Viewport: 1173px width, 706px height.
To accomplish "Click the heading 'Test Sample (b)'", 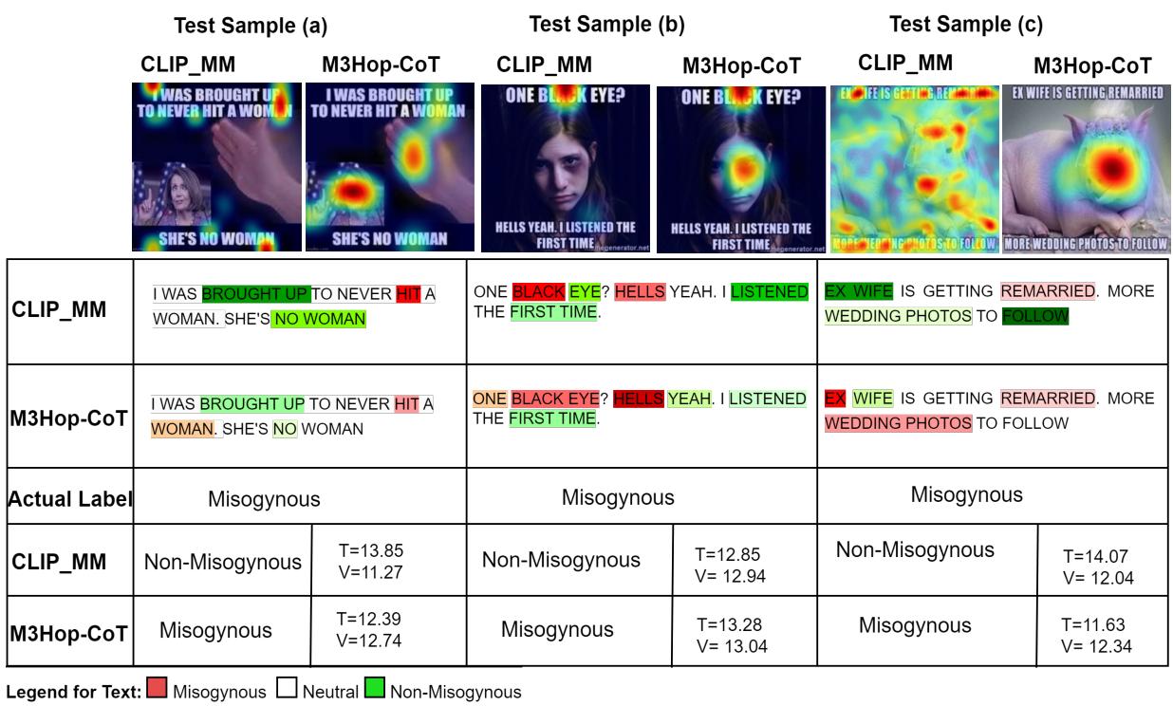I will [606, 24].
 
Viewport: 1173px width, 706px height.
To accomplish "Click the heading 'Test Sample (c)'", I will [965, 25].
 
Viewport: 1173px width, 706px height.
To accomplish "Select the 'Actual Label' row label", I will [69, 497].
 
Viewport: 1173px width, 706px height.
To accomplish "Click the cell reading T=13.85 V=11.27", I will [370, 560].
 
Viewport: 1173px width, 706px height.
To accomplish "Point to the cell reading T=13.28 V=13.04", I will [732, 636].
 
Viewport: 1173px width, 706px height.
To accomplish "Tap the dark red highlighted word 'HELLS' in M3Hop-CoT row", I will [638, 399].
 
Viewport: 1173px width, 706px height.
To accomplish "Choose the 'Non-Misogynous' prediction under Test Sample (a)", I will [222, 562].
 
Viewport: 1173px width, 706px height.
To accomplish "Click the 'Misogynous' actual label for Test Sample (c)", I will [966, 494].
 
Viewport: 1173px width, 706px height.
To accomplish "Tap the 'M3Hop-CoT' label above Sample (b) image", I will [741, 66].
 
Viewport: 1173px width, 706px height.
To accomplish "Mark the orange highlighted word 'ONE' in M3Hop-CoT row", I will [490, 399].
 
